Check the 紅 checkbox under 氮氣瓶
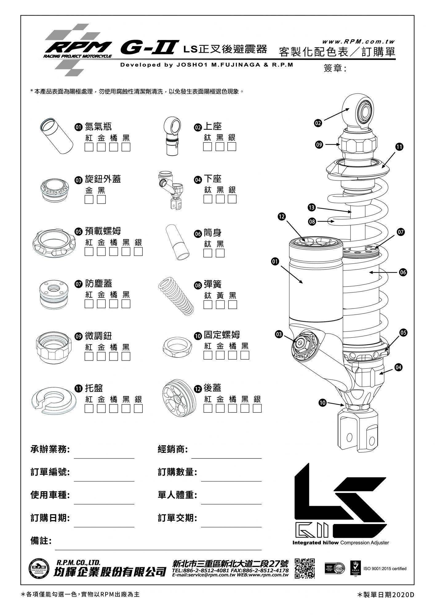point(89,147)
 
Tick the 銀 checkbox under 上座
point(232,147)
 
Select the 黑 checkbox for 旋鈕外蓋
point(101,199)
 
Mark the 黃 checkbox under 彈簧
point(220,304)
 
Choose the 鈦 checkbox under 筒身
point(208,253)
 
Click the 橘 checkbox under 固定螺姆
point(233,355)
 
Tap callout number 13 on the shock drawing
point(312,208)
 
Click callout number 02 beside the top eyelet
point(318,123)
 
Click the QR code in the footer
point(305,568)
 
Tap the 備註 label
point(41,541)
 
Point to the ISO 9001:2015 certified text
point(385,568)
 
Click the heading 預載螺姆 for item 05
point(103,231)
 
